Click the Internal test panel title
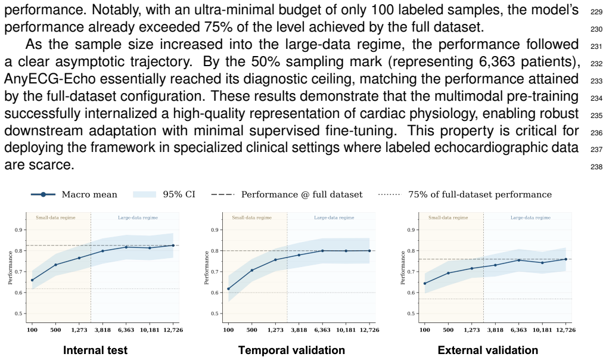[x=95, y=350]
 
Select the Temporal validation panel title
[x=291, y=350]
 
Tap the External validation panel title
[x=488, y=350]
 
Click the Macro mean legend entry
[x=74, y=194]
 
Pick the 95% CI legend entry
[x=164, y=194]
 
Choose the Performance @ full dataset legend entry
[x=287, y=194]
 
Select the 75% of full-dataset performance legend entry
[x=465, y=194]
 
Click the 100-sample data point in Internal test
[x=32, y=280]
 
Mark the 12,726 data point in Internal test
[x=173, y=246]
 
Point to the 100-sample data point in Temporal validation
[x=228, y=289]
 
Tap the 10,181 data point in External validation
[x=542, y=263]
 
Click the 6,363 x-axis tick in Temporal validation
[x=322, y=330]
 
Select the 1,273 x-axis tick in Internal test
[x=79, y=330]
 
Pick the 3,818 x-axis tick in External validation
[x=495, y=330]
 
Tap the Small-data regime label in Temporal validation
[x=251, y=218]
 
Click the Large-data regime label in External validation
[x=530, y=218]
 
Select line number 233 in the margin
[x=596, y=81]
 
